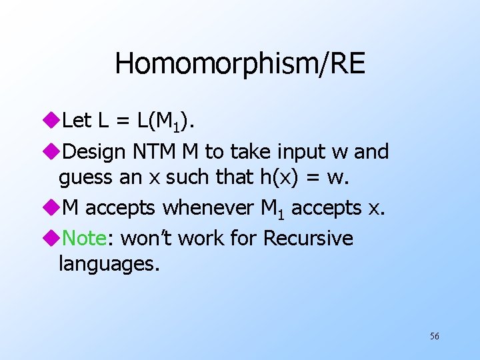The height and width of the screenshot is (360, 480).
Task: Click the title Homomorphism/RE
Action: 240,63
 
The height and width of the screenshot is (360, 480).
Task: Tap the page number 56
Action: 434,336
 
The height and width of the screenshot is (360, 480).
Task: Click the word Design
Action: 93,152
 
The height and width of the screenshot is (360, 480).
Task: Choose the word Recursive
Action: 308,237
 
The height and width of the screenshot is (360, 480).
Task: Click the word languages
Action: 109,264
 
